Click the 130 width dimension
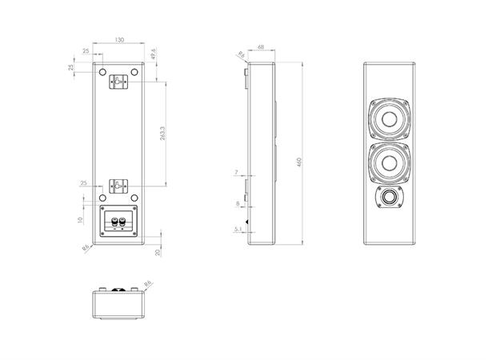coord(120,39)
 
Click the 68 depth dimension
coord(262,47)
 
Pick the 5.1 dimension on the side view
coord(238,230)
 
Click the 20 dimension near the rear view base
coord(159,252)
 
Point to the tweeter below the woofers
coord(390,198)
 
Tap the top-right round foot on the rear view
coord(134,74)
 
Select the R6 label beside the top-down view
coord(147,282)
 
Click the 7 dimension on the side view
coord(237,173)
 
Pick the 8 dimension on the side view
coord(237,204)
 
